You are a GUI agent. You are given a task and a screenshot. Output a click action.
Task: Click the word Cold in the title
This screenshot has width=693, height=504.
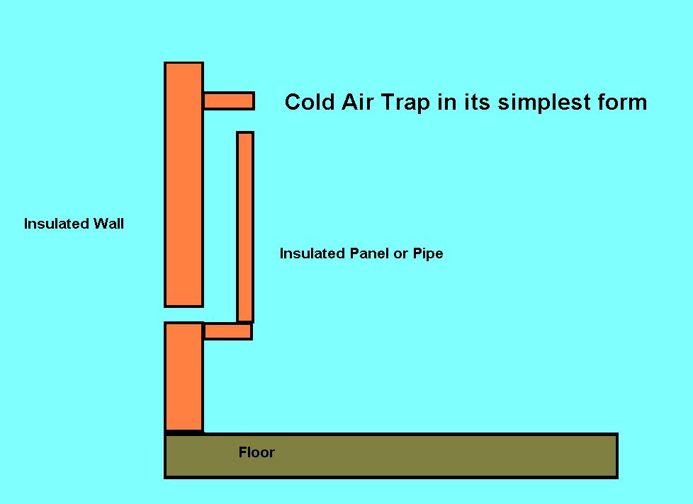tap(310, 102)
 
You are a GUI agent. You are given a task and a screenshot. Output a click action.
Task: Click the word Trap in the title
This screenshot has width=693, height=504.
tap(405, 103)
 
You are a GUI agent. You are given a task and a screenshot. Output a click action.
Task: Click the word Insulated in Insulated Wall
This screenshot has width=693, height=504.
tap(57, 224)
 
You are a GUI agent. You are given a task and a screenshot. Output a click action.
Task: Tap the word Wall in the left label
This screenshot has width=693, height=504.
tap(108, 224)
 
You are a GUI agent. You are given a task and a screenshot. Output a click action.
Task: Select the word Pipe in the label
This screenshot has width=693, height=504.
tap(428, 254)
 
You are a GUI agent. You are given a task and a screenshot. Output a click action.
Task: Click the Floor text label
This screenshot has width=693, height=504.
tap(257, 452)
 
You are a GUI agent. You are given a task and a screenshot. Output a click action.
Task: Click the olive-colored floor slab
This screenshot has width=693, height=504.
tap(391, 456)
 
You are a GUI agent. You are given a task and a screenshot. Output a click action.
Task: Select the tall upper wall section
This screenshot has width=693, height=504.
tap(184, 185)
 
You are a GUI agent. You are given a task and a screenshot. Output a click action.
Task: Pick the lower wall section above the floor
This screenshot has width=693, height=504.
tap(184, 377)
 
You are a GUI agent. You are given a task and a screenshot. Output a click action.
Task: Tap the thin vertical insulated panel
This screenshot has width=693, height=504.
tap(245, 227)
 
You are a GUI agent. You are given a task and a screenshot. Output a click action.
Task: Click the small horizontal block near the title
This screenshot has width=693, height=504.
tap(229, 101)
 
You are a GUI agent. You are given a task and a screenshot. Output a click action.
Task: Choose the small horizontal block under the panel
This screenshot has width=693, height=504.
tap(228, 331)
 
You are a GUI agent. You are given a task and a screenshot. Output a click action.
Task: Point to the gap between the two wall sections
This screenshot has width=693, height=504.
tap(184, 315)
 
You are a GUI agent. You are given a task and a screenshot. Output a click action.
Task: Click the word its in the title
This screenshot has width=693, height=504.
tap(478, 102)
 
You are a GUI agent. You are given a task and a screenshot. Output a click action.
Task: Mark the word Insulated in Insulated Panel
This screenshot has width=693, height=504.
tap(312, 253)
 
